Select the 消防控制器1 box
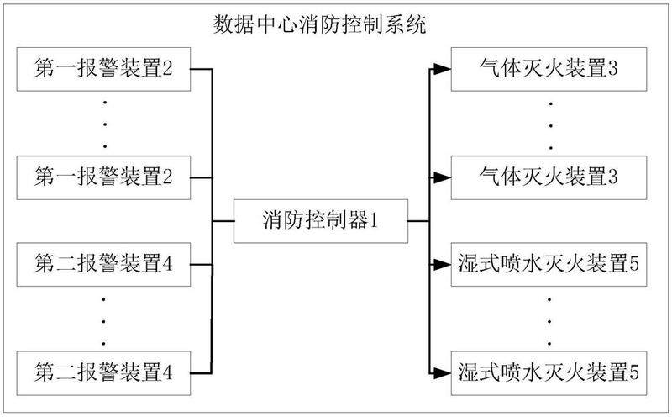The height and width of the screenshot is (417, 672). [320, 222]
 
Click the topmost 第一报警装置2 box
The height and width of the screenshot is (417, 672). [104, 69]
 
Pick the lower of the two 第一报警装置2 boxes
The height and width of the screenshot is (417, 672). [104, 177]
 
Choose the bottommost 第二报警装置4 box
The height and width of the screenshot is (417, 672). [104, 371]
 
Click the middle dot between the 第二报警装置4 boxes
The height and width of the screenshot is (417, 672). [104, 318]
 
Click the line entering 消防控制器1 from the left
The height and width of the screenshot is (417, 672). [223, 222]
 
